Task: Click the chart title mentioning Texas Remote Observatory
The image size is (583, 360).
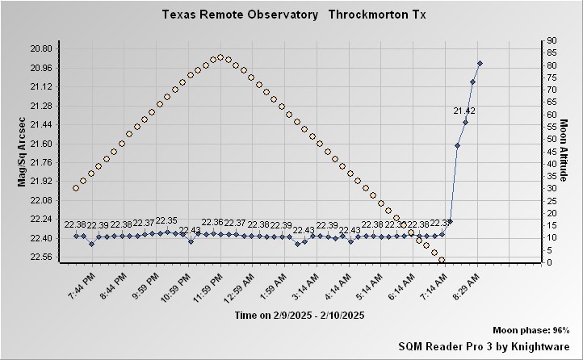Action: pyautogui.click(x=294, y=15)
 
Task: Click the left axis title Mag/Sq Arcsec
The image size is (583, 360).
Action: pyautogui.click(x=23, y=152)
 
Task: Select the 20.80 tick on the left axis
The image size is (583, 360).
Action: pyautogui.click(x=40, y=48)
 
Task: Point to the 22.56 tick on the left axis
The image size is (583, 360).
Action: pyautogui.click(x=40, y=257)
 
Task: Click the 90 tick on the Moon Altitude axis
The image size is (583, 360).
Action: pyautogui.click(x=550, y=40)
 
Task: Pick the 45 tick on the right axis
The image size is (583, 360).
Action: pyautogui.click(x=550, y=151)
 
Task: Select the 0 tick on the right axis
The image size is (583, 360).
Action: pyautogui.click(x=547, y=262)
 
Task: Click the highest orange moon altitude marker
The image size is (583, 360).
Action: pyautogui.click(x=220, y=57)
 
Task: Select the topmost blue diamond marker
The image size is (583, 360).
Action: pyautogui.click(x=480, y=63)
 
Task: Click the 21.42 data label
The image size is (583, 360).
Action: pyautogui.click(x=464, y=111)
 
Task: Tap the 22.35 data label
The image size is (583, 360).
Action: pyautogui.click(x=166, y=220)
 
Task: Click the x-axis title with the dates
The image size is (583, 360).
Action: pyautogui.click(x=300, y=316)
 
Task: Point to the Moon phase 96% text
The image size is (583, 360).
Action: pyautogui.click(x=531, y=331)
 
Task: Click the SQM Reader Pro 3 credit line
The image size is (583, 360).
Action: pyautogui.click(x=484, y=345)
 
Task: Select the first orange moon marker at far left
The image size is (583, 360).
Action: pyautogui.click(x=76, y=188)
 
